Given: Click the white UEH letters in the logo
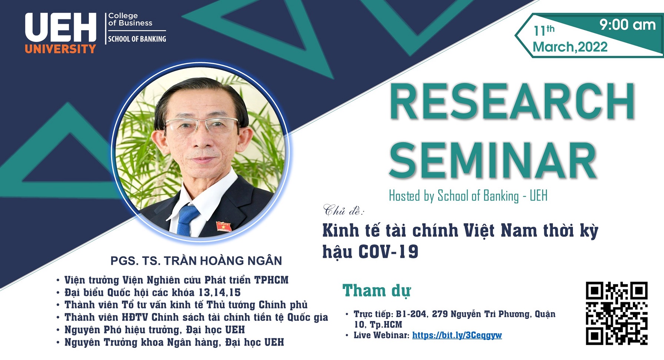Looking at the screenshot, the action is coord(61,27).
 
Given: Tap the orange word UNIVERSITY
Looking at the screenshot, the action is coord(61,49).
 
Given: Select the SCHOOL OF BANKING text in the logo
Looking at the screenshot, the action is coord(137,39).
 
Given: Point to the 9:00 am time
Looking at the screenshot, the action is coord(628,25).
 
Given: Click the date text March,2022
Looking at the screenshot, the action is coord(570,47).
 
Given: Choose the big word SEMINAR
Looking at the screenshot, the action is coord(493,160).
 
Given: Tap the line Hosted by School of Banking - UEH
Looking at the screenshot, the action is coord(468,196).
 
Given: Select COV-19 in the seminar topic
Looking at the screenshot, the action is coord(388,252).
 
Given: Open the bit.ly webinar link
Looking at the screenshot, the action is coord(457,336).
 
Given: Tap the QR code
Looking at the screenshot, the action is coord(617,313).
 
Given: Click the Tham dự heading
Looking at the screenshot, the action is coord(377,291).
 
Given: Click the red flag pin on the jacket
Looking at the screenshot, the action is coord(224,226).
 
